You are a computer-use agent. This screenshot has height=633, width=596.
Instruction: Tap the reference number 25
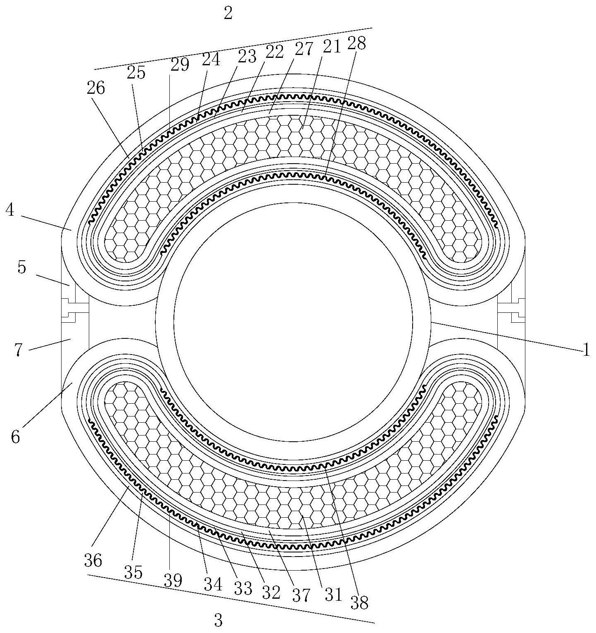click(136, 73)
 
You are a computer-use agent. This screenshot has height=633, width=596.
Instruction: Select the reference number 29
click(179, 64)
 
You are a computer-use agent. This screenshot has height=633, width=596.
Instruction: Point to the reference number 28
click(357, 43)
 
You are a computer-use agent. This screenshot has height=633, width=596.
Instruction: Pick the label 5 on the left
click(22, 268)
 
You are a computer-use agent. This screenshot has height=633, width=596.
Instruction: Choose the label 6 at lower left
click(15, 437)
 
